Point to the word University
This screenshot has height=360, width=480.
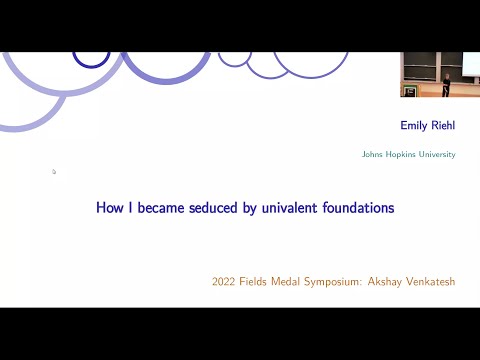pyautogui.click(x=436, y=155)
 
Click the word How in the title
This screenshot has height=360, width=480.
pyautogui.click(x=108, y=208)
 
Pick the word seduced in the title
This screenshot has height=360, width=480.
pyautogui.click(x=220, y=208)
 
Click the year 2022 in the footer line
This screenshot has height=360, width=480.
pyautogui.click(x=225, y=282)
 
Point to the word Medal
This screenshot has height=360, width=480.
pyautogui.click(x=298, y=282)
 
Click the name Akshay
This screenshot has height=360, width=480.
pyautogui.click(x=402, y=282)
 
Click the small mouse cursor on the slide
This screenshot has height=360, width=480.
pyautogui.click(x=54, y=171)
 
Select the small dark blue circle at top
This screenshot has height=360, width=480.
pyautogui.click(x=92, y=59)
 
